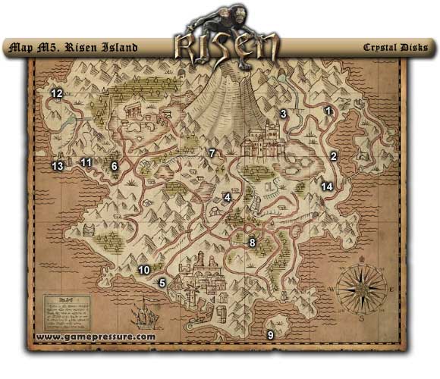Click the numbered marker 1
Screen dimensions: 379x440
pos(328,111)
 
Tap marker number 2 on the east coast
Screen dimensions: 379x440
pos(333,157)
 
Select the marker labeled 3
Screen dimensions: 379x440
pos(283,114)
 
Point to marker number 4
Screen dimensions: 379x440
pos(226,198)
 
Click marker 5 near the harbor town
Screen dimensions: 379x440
pos(162,283)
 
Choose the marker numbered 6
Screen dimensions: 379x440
pos(115,165)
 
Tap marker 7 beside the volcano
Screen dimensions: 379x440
pos(212,154)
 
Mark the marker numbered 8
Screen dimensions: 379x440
pos(252,243)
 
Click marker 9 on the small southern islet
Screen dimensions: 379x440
pos(270,334)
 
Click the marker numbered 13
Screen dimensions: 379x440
pos(58,165)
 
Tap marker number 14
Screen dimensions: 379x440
pos(326,186)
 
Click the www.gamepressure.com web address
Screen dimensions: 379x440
pos(95,337)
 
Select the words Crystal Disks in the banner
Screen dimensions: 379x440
pos(395,48)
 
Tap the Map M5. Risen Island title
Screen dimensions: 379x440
pos(72,48)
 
